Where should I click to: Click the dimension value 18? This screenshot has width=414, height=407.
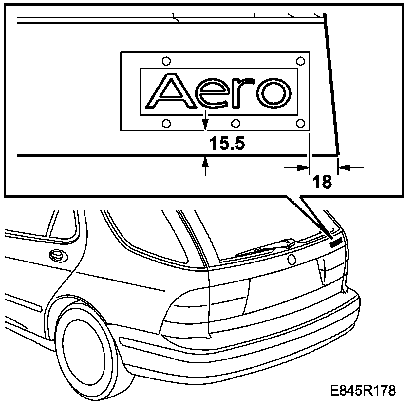(322, 182)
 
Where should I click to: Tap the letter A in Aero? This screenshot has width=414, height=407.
(171, 90)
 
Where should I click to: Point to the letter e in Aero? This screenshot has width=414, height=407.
(212, 93)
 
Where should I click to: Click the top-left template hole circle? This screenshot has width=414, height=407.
(166, 61)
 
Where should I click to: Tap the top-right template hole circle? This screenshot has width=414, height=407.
(300, 61)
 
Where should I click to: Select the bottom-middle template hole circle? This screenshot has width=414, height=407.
(236, 124)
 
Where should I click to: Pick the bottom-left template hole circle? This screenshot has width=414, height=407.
(166, 124)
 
